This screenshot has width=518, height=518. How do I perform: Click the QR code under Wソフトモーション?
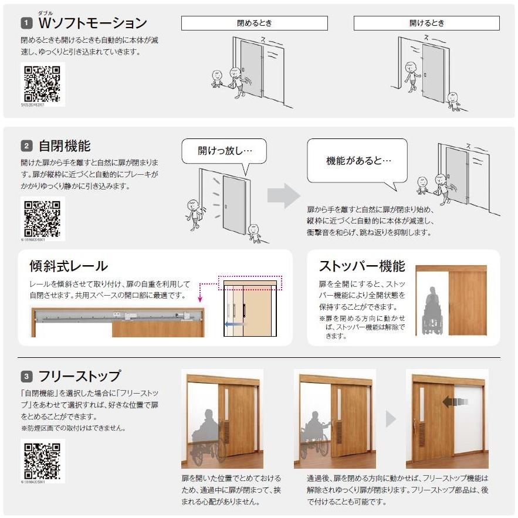tap(42, 84)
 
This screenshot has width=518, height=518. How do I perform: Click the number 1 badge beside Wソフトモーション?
tap(26, 23)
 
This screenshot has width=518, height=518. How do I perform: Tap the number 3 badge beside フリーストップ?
tap(26, 376)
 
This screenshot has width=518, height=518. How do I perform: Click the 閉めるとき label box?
tap(254, 23)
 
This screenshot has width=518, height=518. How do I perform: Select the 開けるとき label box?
tap(426, 23)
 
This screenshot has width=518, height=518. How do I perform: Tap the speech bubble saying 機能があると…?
tap(357, 160)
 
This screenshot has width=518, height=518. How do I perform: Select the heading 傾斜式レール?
tap(69, 266)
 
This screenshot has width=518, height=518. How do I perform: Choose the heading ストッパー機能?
tap(362, 266)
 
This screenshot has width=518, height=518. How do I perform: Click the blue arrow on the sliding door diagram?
tap(234, 323)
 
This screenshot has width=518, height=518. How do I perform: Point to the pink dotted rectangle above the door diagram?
tap(250, 282)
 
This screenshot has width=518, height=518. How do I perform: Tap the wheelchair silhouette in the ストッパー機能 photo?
tap(432, 311)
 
